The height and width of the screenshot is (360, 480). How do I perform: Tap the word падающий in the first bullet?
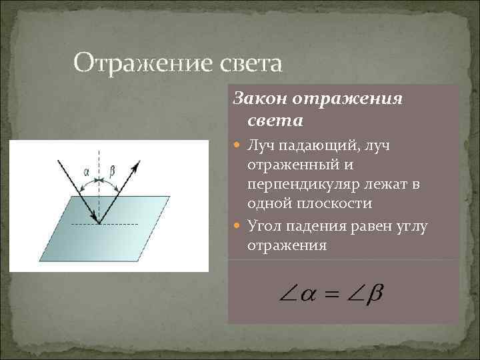click(x=312, y=145)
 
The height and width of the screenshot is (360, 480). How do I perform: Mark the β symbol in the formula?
click(x=375, y=293)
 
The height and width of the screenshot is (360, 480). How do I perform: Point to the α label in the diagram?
click(x=87, y=171)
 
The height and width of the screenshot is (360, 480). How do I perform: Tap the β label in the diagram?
click(x=111, y=171)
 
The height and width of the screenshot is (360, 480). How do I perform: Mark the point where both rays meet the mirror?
click(x=99, y=223)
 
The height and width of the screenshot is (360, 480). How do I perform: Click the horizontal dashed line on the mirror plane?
click(x=120, y=223)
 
